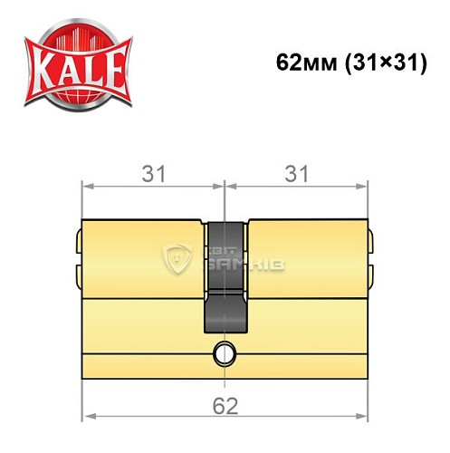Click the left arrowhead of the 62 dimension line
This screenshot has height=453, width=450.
[88, 419]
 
